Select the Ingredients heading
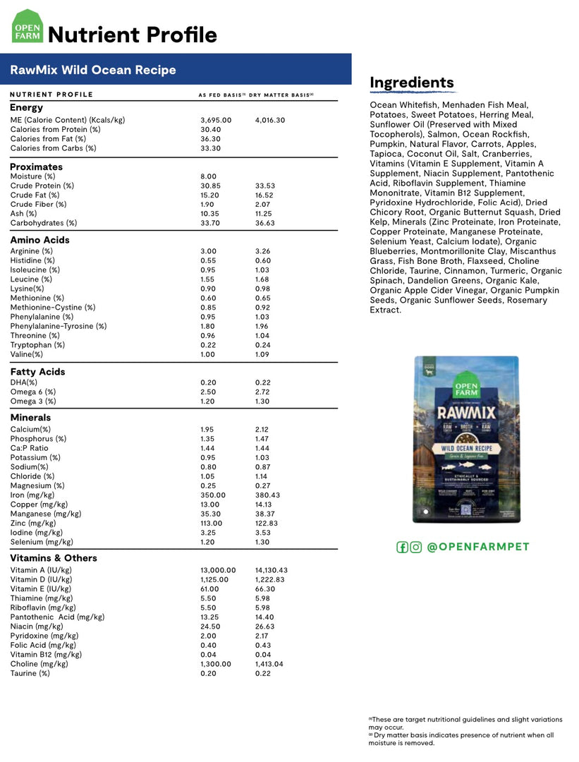click(412, 83)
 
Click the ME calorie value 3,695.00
click(216, 120)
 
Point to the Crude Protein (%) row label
click(42, 186)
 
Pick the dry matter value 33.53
click(265, 186)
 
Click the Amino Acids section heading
click(39, 240)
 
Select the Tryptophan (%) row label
click(37, 345)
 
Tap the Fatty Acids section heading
click(37, 372)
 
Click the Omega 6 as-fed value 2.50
click(208, 392)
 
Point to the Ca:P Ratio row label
click(30, 448)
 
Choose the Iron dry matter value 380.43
click(267, 495)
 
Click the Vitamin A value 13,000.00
click(218, 570)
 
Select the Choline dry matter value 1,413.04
click(269, 664)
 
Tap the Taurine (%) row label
click(30, 673)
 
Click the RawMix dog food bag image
click(466, 439)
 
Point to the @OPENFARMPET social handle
click(478, 547)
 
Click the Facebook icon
click(403, 547)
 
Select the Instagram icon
click(416, 547)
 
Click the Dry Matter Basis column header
click(281, 95)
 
